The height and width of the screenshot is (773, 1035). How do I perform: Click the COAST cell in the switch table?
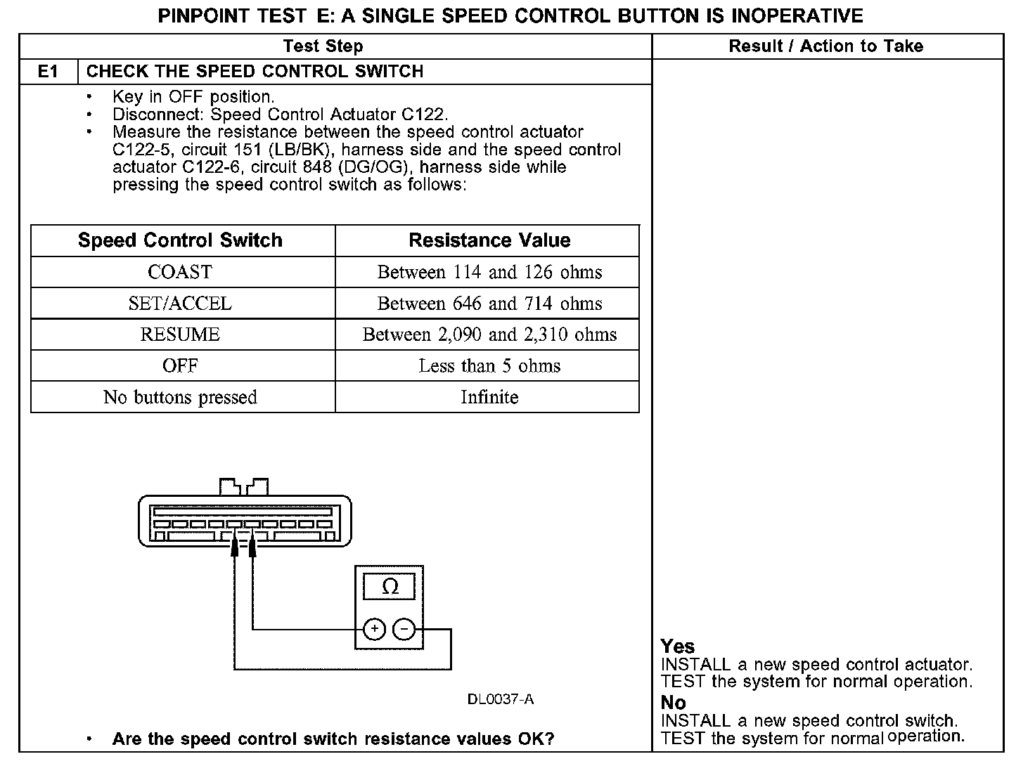click(x=180, y=272)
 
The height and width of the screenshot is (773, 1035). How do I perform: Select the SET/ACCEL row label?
click(x=180, y=304)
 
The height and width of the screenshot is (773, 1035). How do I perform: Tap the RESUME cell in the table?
click(x=180, y=334)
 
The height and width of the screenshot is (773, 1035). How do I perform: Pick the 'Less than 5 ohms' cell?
click(x=489, y=366)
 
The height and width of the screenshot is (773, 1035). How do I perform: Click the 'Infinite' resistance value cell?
click(x=489, y=397)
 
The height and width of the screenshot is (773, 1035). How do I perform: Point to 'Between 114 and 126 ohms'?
click(x=489, y=272)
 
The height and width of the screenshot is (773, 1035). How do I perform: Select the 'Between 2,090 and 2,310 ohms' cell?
click(x=489, y=334)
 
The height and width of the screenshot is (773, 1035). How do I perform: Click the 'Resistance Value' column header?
click(x=489, y=240)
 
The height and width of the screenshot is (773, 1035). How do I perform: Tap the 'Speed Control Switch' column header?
click(x=180, y=240)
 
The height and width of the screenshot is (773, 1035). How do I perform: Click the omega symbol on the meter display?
click(x=390, y=587)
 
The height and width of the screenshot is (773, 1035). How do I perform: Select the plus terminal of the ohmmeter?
click(x=374, y=629)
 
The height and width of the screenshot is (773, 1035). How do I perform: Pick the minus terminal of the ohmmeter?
click(x=404, y=629)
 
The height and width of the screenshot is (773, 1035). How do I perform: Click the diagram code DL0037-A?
click(x=500, y=699)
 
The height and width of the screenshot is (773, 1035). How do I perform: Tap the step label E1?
click(x=48, y=72)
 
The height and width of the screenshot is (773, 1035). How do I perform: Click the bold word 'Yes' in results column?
click(x=677, y=647)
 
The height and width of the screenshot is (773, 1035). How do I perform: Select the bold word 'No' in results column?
click(x=673, y=703)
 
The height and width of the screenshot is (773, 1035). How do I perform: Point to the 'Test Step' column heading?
click(x=323, y=46)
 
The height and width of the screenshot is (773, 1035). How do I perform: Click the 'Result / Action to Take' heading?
click(x=825, y=46)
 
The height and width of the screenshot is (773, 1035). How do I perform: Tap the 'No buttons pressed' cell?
click(x=180, y=397)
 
